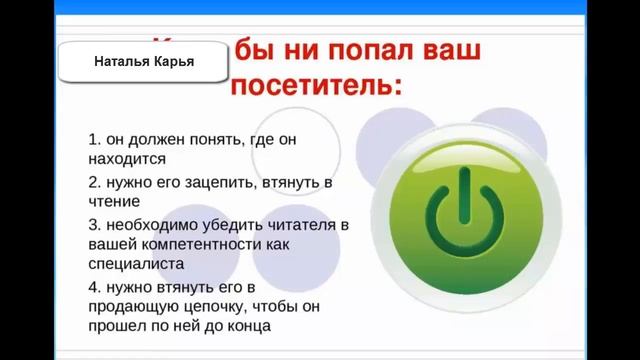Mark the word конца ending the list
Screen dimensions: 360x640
coord(246,325)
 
